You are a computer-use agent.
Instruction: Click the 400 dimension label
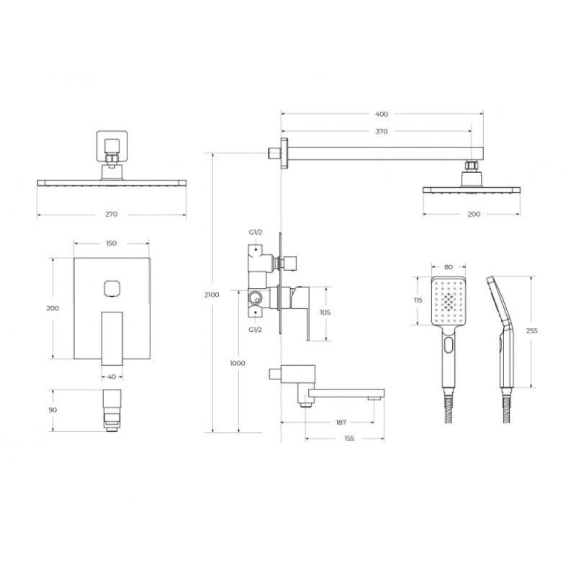[x=382, y=114]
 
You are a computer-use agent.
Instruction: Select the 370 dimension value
[x=382, y=131]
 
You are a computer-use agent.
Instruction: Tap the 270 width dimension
[x=112, y=214]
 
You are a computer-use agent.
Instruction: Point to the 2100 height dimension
[x=212, y=294]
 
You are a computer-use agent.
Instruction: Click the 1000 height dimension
[x=238, y=364]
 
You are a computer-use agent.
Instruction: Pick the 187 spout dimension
[x=341, y=423]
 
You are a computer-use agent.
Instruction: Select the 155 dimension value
[x=349, y=438]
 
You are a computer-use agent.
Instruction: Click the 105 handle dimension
[x=325, y=312]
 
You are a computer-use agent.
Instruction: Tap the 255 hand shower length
[x=531, y=330]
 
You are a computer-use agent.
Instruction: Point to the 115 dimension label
[x=418, y=300]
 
